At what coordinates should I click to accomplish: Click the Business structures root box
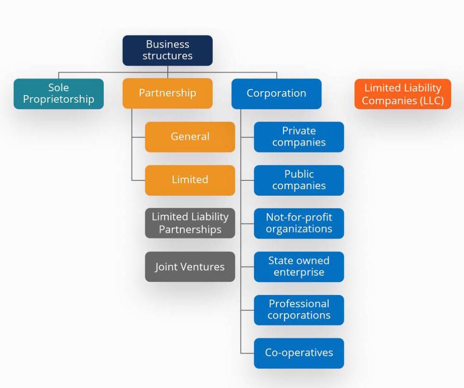click(167, 50)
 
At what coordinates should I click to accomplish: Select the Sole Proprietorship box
click(58, 93)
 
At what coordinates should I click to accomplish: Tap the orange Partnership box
click(167, 93)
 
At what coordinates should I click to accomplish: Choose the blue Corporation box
click(276, 93)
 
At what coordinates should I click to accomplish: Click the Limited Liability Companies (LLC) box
click(402, 94)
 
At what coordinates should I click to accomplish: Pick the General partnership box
click(190, 136)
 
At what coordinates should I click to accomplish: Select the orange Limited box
click(190, 180)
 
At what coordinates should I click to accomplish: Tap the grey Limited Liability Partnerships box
click(190, 223)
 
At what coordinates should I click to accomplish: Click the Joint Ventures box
click(190, 267)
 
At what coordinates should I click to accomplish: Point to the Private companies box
click(299, 136)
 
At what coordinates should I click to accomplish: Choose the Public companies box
click(299, 180)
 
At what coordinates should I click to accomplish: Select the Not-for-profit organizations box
click(299, 223)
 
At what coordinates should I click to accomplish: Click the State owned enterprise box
click(299, 267)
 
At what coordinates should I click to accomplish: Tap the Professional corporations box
click(299, 310)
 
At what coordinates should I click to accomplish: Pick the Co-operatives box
click(299, 353)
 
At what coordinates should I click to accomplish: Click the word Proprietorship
click(58, 99)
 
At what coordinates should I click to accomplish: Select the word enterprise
click(299, 272)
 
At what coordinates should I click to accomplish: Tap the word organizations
click(299, 229)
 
